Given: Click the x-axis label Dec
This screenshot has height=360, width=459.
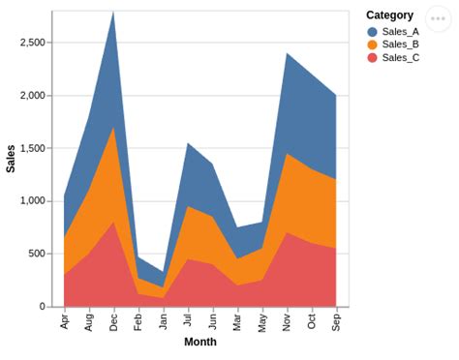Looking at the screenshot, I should click(x=114, y=321).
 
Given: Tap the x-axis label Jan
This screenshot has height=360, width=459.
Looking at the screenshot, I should click(x=164, y=320).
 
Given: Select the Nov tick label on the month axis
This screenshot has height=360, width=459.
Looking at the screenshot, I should click(x=287, y=321).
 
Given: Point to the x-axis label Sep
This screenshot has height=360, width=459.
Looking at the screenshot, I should click(x=336, y=321).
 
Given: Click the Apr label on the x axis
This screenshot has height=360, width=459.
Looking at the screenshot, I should click(x=65, y=320).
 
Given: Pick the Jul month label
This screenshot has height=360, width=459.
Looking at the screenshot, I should click(x=188, y=319).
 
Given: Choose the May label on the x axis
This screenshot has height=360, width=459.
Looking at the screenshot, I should click(x=262, y=321).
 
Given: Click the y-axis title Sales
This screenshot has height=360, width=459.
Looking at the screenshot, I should click(x=11, y=159).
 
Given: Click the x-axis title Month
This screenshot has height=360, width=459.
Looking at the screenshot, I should click(x=200, y=342).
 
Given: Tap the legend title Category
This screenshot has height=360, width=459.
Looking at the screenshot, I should click(x=389, y=15).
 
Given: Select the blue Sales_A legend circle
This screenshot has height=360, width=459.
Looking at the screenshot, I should click(x=373, y=31).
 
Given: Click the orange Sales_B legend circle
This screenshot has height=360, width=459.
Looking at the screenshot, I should click(x=373, y=45).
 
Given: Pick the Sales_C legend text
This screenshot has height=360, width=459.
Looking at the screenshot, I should click(x=400, y=58).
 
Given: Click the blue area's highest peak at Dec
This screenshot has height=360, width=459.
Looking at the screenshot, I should click(x=114, y=13).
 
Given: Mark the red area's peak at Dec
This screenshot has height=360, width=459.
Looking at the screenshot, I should click(x=114, y=223).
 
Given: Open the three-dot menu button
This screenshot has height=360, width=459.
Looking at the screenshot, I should click(x=441, y=19).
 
